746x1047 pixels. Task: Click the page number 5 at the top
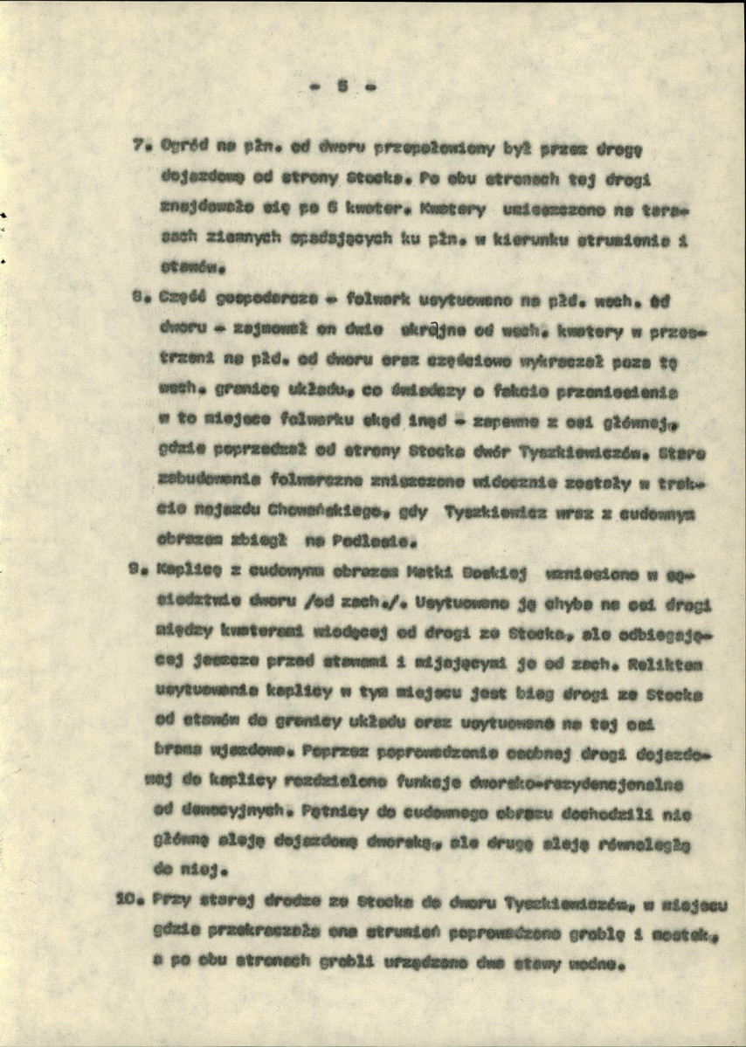pyautogui.click(x=342, y=86)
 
